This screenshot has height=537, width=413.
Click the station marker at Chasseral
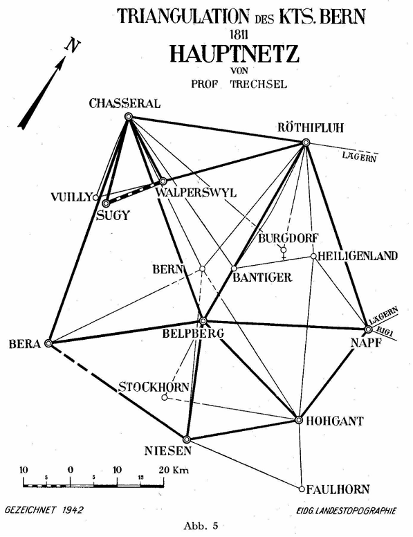pos(129,116)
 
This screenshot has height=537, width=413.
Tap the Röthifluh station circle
pos(306,143)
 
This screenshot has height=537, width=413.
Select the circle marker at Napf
pos(368,329)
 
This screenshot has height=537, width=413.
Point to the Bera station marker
pos(48,343)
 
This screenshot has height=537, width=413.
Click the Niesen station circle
pos(186,439)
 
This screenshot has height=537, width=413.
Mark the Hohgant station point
pos(299,420)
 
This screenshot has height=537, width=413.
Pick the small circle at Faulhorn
pos(302,489)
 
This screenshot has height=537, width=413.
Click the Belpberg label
pos(193,333)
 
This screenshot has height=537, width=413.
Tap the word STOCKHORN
pos(154,387)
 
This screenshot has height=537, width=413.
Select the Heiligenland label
pos(358,256)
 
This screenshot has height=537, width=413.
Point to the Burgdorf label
pos(288,238)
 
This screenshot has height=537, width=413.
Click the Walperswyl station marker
pos(163,181)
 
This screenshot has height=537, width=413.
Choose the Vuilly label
pos(71,197)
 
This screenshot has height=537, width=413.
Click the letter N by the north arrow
pos(73,46)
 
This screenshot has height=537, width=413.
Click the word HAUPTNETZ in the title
pos(235,54)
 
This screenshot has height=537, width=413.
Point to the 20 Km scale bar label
pos(174,470)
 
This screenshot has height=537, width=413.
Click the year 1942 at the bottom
pos(73,510)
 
